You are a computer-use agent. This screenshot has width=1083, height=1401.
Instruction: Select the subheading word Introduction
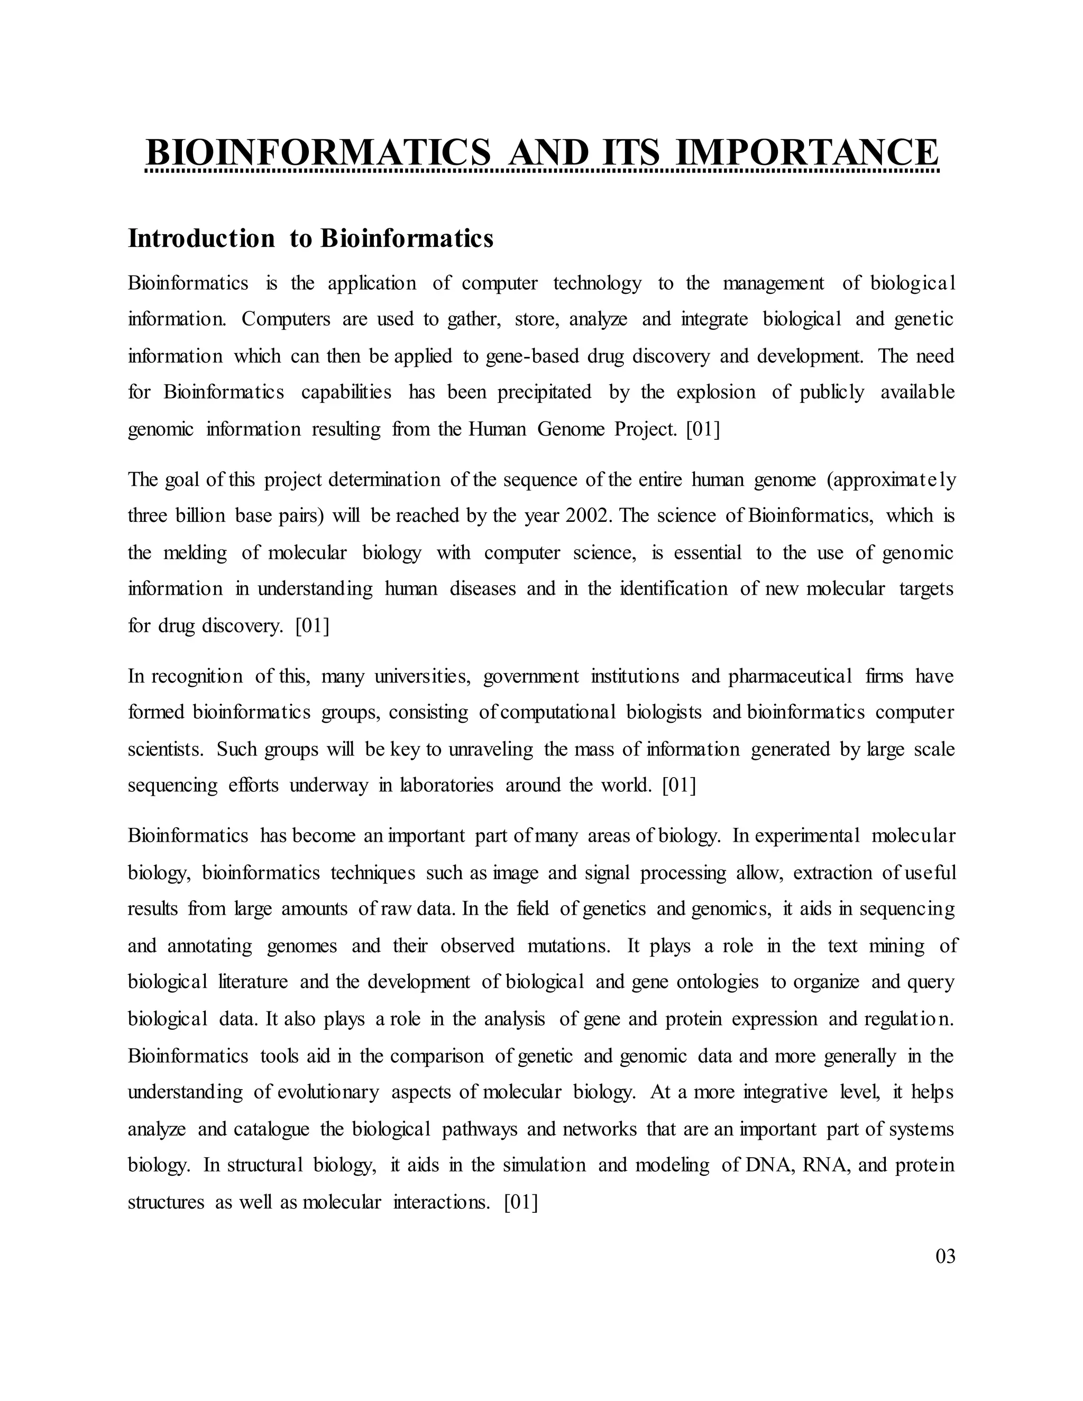(x=201, y=238)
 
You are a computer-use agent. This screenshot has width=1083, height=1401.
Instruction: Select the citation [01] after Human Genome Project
(x=703, y=429)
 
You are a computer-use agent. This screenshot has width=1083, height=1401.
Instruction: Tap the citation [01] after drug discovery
(x=312, y=625)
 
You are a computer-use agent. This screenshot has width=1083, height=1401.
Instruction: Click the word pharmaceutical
(x=791, y=676)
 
